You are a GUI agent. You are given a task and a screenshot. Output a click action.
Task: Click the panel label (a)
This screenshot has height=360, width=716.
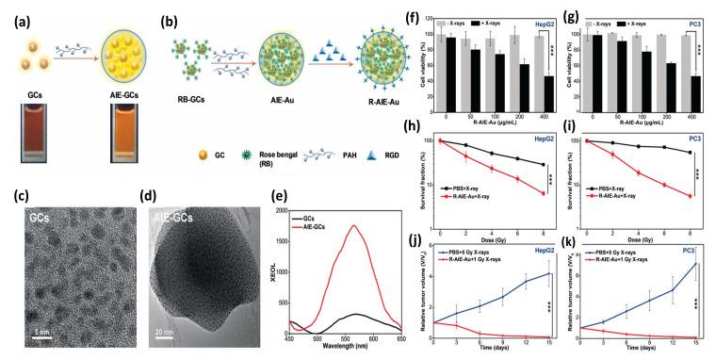[17, 16]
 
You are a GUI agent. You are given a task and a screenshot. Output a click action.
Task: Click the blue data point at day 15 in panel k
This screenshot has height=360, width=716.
[696, 263]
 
